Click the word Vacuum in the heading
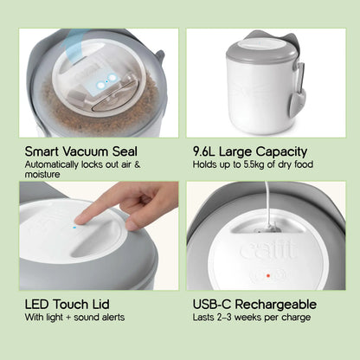86,151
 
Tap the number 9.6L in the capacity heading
204,151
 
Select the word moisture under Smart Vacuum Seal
42,174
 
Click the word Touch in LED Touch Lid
70,305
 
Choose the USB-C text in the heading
212,305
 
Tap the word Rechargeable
276,305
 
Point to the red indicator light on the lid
268,276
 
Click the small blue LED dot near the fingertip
74,228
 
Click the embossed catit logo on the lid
268,251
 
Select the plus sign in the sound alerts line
68,318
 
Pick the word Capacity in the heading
281,152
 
